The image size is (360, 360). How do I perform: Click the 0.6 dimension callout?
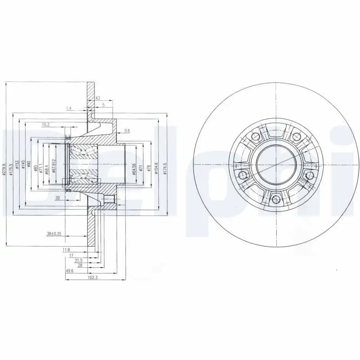point(127,130)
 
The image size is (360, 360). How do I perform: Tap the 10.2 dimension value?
point(45,125)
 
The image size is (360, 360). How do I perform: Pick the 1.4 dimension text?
point(69,108)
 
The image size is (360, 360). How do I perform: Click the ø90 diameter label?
point(28,164)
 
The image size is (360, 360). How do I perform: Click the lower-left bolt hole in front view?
point(243,175)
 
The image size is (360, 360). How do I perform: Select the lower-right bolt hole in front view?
point(309,175)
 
